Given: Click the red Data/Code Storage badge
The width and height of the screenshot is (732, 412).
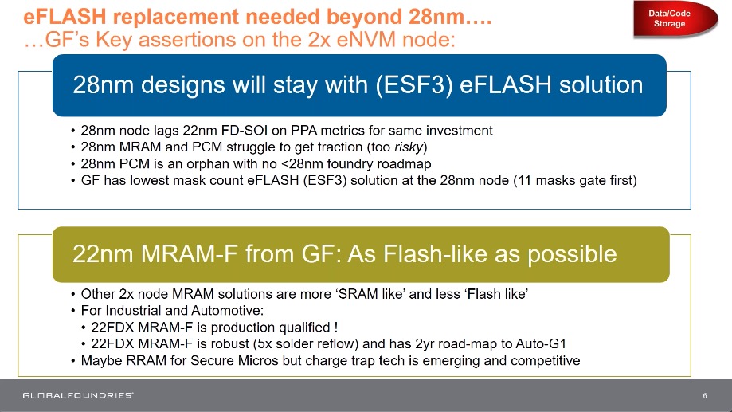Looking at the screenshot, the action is coord(675,18).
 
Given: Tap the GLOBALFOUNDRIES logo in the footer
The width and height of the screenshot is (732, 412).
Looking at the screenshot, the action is coord(78,395).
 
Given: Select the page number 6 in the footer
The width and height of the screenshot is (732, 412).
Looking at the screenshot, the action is coord(704,395).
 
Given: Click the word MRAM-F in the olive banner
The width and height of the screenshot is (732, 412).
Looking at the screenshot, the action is coord(190,254).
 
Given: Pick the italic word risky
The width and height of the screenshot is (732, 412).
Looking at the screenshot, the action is coord(409,147).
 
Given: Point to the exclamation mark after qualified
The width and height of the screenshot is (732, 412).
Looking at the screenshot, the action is coord(335,328).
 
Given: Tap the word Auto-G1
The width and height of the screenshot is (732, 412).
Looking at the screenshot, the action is coord(541,343).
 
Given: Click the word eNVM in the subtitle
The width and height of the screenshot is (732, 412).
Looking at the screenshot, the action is coord(366,39).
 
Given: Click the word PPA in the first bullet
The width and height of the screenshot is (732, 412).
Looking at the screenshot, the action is coord(303,131).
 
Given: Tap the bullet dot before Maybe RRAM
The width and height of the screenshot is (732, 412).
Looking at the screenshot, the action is coord(73,361).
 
